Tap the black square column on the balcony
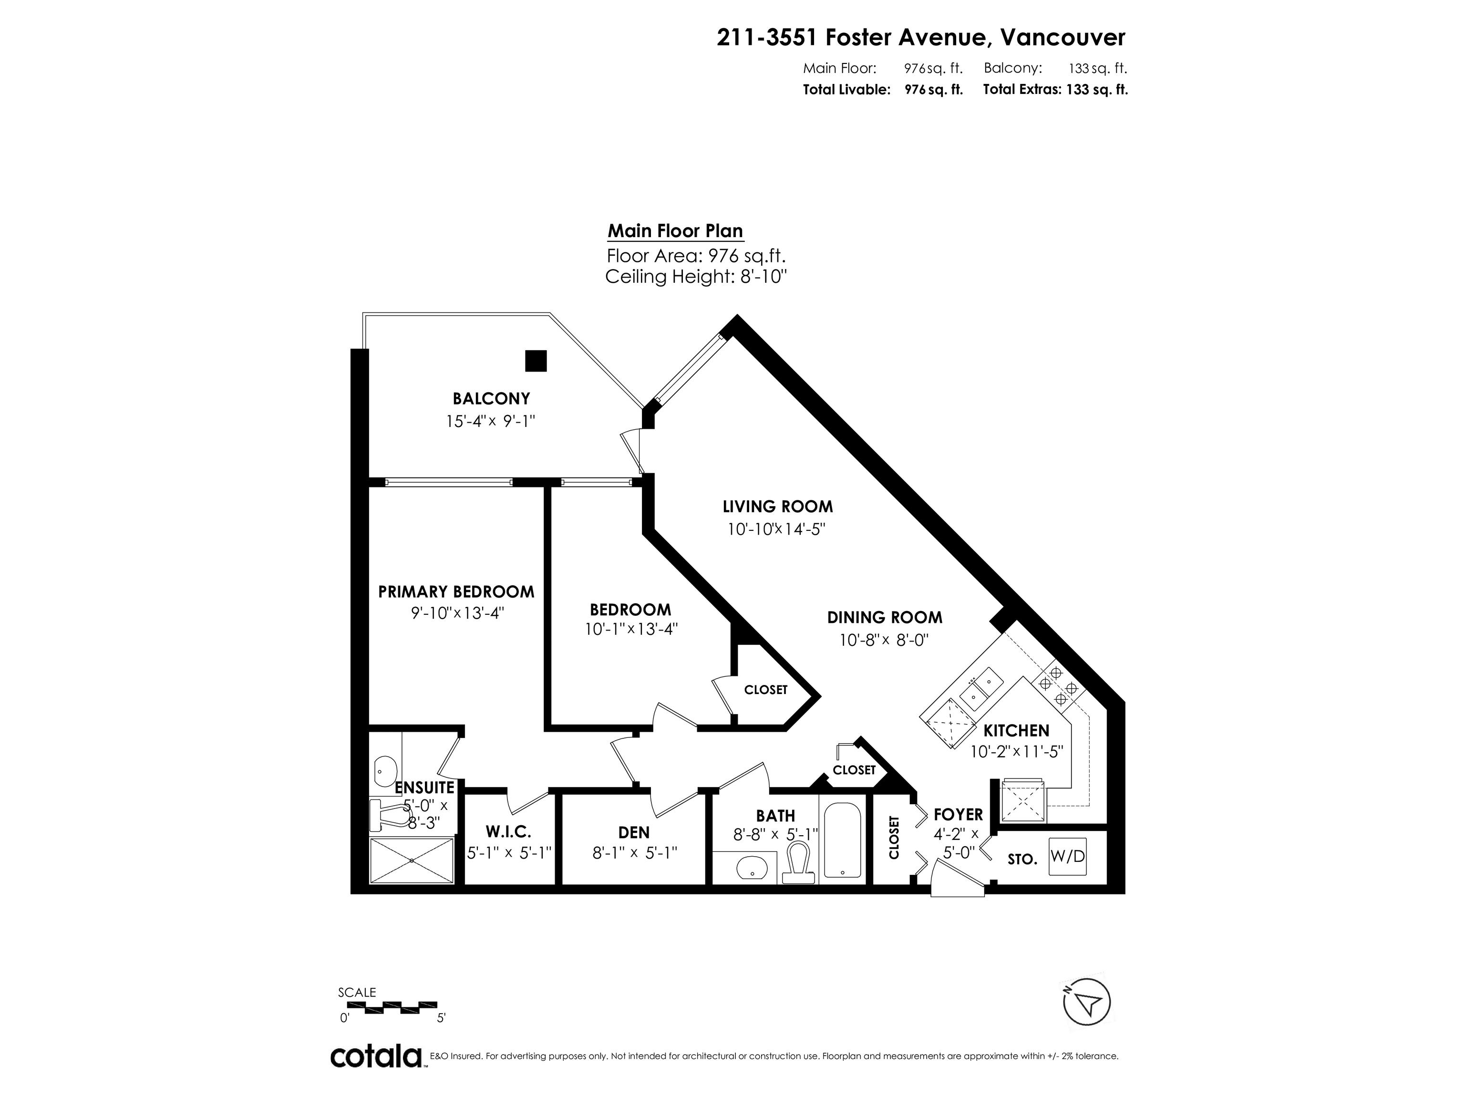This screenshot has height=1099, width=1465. [x=536, y=361]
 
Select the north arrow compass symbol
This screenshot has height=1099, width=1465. [x=1086, y=1002]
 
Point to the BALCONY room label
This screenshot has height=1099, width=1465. [x=491, y=398]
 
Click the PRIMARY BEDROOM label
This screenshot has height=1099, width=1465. [x=456, y=591]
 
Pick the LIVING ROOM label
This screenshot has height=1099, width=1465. [x=777, y=507]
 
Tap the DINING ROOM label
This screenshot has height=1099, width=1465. [x=885, y=617]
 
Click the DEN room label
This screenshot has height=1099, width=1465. [x=634, y=832]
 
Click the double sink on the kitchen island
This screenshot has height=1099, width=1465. [x=981, y=689]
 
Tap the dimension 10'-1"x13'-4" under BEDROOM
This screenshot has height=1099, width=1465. [x=631, y=629]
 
